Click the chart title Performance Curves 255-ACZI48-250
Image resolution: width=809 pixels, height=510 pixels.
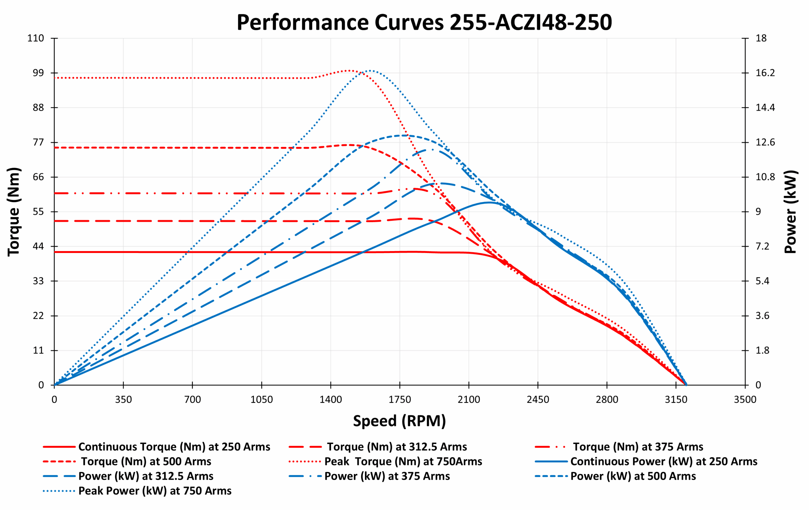point(424,22)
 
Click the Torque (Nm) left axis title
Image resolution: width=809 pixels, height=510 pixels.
point(14,212)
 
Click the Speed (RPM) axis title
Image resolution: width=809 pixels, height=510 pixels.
point(399,421)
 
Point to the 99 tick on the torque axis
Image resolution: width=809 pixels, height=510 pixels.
point(38,73)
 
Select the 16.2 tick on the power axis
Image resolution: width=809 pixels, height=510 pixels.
point(765,73)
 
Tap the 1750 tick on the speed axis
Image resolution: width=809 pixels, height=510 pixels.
point(399,399)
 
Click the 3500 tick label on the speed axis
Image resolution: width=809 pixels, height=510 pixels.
point(745,399)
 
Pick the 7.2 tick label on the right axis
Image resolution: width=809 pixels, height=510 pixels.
point(762,246)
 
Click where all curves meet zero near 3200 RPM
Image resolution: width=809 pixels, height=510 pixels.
point(686,385)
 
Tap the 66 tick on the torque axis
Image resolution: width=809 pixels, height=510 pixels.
point(38,177)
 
